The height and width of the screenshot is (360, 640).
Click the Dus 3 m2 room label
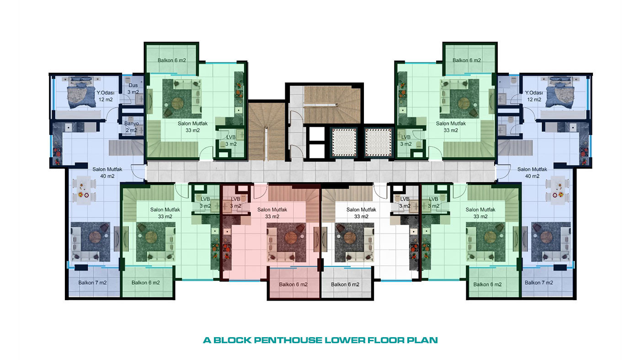click(133, 89)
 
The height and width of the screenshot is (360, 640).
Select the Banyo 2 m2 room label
click(132, 127)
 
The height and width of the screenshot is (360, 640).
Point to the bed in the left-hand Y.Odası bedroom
click(81, 92)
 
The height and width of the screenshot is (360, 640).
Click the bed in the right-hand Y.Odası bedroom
click(560, 92)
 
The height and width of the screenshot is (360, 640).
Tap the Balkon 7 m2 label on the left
click(92, 283)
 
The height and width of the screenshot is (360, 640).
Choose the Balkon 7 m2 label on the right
click(539, 283)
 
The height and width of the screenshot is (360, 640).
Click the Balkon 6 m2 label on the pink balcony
click(293, 284)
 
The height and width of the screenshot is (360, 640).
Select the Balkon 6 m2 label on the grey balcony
click(345, 284)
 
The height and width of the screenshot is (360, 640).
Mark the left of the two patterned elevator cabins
click(344, 142)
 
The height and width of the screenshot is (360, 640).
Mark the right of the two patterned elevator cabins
click(379, 142)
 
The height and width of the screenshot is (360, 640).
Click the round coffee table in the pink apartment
click(291, 237)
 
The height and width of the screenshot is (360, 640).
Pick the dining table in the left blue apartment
click(84, 191)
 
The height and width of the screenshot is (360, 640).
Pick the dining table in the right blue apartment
click(557, 191)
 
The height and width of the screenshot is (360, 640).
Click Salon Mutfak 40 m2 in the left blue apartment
click(107, 173)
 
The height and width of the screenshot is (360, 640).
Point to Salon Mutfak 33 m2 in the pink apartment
click(272, 213)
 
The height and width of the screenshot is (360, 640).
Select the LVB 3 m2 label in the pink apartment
click(236, 202)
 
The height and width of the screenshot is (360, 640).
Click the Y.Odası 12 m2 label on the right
click(534, 96)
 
